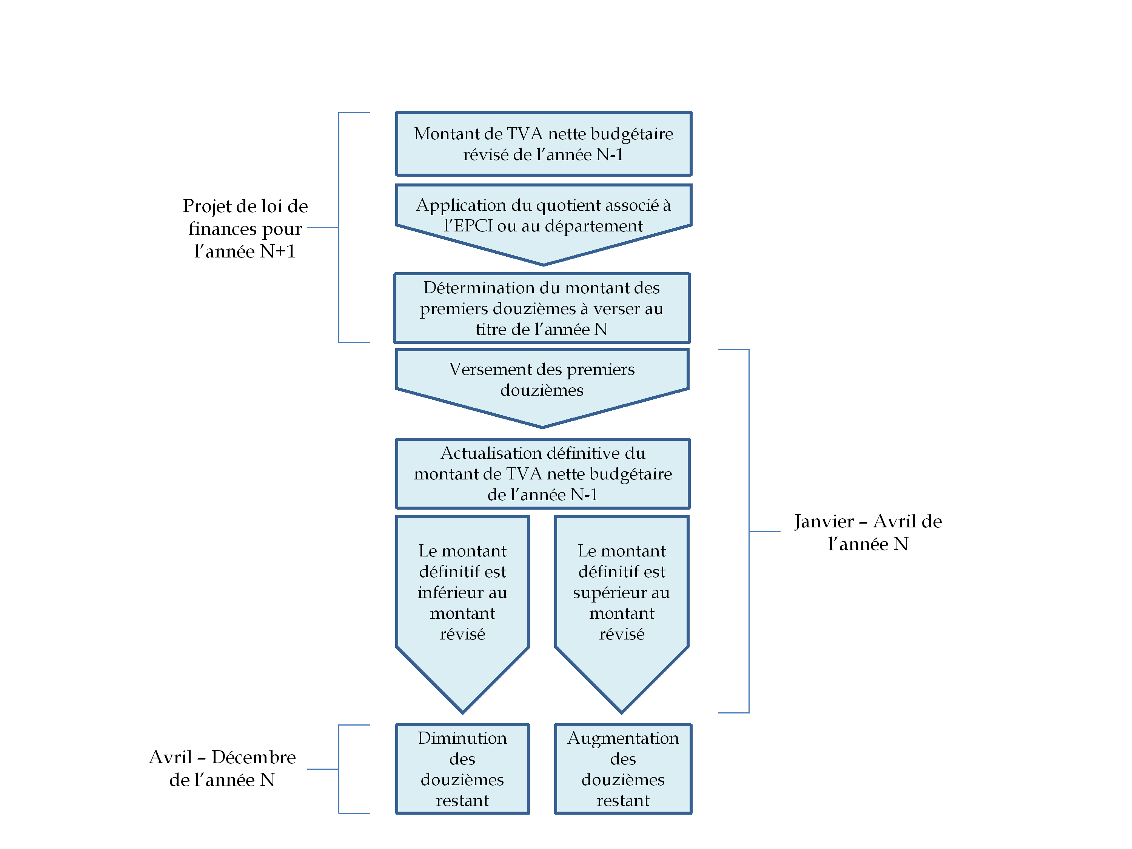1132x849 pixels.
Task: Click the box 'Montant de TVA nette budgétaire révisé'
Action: (544, 144)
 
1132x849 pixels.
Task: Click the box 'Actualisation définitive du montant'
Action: (543, 473)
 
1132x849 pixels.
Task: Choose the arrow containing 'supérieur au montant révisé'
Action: (622, 594)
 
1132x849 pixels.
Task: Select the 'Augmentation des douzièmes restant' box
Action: (623, 769)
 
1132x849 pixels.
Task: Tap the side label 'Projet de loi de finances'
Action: (245, 228)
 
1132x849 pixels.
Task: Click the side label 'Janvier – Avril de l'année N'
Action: (868, 532)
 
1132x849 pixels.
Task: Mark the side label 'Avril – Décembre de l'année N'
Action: (222, 768)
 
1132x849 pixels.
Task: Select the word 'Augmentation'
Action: (623, 738)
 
